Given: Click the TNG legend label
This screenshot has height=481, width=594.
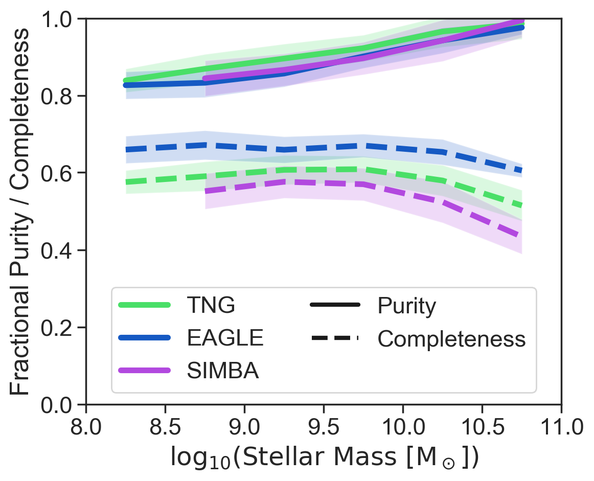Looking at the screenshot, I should click(211, 306).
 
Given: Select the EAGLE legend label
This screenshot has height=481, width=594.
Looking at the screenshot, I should click(225, 338).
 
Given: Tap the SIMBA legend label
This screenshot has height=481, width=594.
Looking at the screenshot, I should click(223, 371).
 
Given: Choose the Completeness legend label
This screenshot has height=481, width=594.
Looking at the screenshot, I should click(451, 338).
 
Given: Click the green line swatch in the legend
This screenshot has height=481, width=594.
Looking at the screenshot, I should click(144, 305).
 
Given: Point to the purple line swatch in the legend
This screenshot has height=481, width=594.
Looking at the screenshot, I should click(144, 370).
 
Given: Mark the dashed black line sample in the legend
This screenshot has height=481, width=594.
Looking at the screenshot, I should click(335, 338).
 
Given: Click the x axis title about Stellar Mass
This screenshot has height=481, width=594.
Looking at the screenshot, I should click(324, 457).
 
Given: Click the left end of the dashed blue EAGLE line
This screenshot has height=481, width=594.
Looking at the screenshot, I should click(126, 149).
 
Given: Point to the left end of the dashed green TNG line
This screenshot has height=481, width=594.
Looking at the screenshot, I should click(126, 182).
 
